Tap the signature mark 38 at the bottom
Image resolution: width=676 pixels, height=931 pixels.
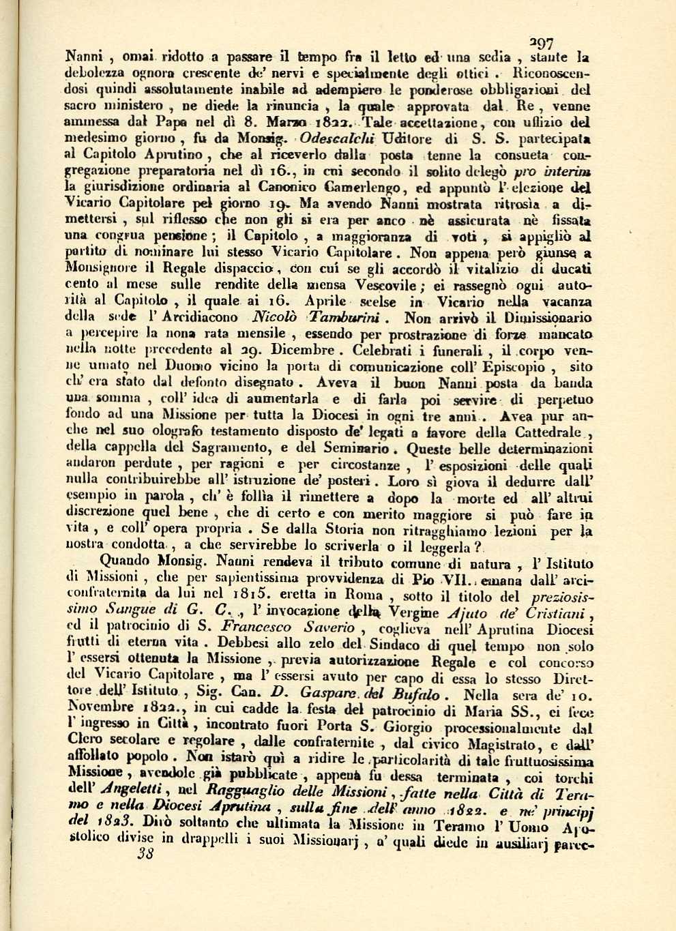[x=145, y=854]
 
